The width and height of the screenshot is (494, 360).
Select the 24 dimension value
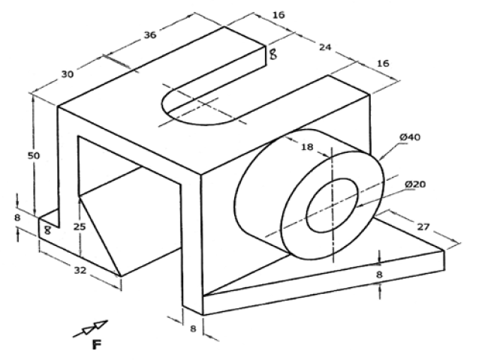324,47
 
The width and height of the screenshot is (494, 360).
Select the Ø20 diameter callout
414,184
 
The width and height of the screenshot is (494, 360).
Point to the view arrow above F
91,328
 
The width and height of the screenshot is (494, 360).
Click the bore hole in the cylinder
330,202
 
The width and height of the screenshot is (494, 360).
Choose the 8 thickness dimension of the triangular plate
380,274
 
